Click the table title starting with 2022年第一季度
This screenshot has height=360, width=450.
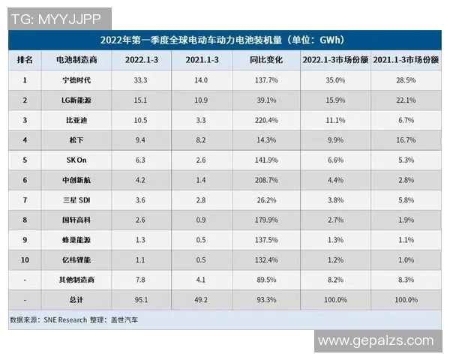(x=224, y=39)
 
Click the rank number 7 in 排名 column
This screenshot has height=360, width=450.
(x=25, y=200)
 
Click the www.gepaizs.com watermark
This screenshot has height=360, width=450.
(x=376, y=340)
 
